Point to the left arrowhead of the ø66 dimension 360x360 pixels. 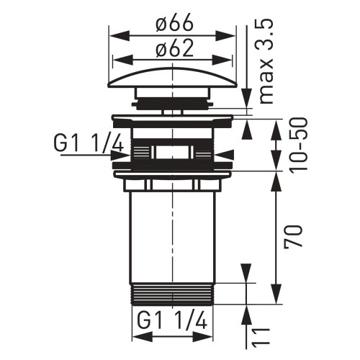(114, 34)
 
